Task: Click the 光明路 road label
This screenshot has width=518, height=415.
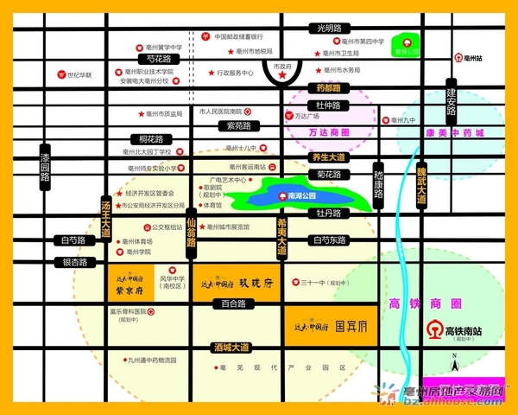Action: (x=330, y=29)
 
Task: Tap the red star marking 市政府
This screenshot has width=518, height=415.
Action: (x=281, y=77)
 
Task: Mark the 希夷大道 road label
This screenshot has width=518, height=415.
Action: (x=281, y=236)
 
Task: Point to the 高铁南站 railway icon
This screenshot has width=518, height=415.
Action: (x=433, y=329)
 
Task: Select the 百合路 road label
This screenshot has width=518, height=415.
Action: (x=233, y=303)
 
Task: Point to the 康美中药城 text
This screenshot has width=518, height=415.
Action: (x=455, y=133)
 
